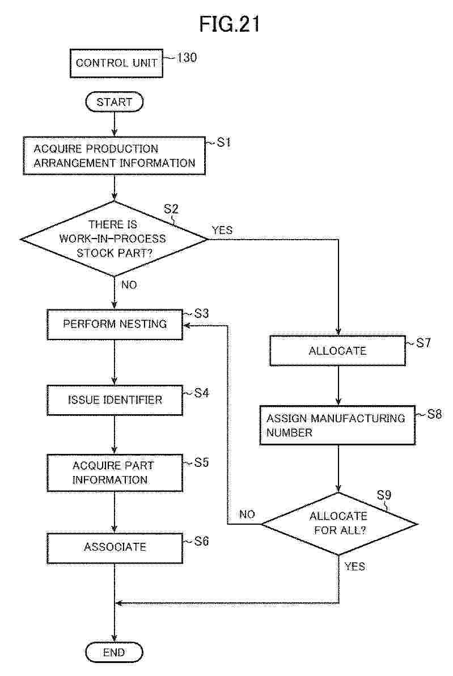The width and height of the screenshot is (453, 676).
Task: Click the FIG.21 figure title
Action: point(230,24)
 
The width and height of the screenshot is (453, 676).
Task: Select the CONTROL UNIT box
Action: point(117,62)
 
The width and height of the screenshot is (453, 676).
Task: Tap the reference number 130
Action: point(187,58)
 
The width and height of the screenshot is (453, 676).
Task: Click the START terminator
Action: point(114,103)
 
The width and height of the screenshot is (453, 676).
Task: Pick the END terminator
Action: point(114,652)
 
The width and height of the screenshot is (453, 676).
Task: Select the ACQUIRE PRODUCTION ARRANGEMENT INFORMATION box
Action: point(114,156)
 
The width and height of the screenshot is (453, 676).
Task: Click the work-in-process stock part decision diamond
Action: point(114,239)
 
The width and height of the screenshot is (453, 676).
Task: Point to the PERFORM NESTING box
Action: point(115,324)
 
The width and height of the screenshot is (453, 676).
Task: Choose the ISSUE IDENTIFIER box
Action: point(115,400)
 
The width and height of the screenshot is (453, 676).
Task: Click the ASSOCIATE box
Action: point(115,547)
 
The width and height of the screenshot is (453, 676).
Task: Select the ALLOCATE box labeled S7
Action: point(337,351)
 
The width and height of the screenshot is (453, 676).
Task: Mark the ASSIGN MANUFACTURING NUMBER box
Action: point(337,425)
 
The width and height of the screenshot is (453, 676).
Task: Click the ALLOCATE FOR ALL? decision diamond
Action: point(338,524)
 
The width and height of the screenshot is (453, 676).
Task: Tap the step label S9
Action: point(384,494)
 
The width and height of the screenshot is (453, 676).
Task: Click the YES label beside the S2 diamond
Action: point(222,230)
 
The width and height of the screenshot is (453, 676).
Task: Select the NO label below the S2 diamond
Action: point(129,285)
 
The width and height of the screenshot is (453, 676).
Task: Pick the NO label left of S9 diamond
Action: point(247,515)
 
